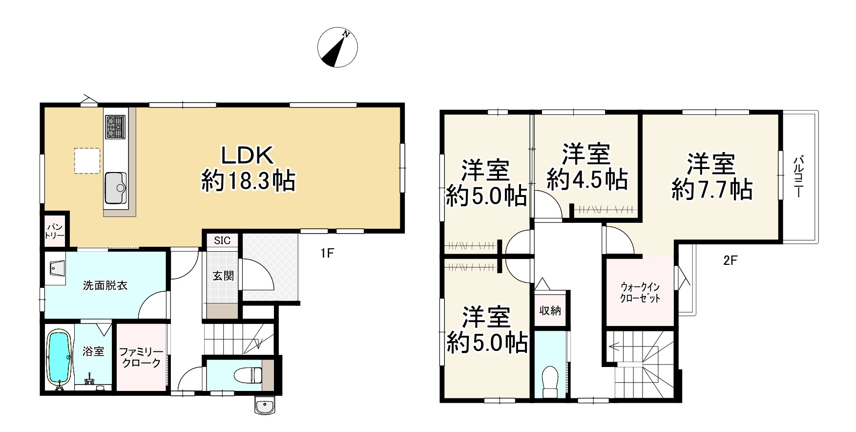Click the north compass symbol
337,47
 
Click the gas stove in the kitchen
115,127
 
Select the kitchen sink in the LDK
115,188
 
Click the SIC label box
222,240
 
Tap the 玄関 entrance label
223,276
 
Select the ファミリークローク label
140,357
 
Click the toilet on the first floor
247,375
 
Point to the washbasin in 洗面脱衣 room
56,268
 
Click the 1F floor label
327,253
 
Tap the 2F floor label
730,260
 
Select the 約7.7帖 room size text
712,189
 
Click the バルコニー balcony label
798,176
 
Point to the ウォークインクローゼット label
640,292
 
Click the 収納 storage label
550,310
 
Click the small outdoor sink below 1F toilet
265,406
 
